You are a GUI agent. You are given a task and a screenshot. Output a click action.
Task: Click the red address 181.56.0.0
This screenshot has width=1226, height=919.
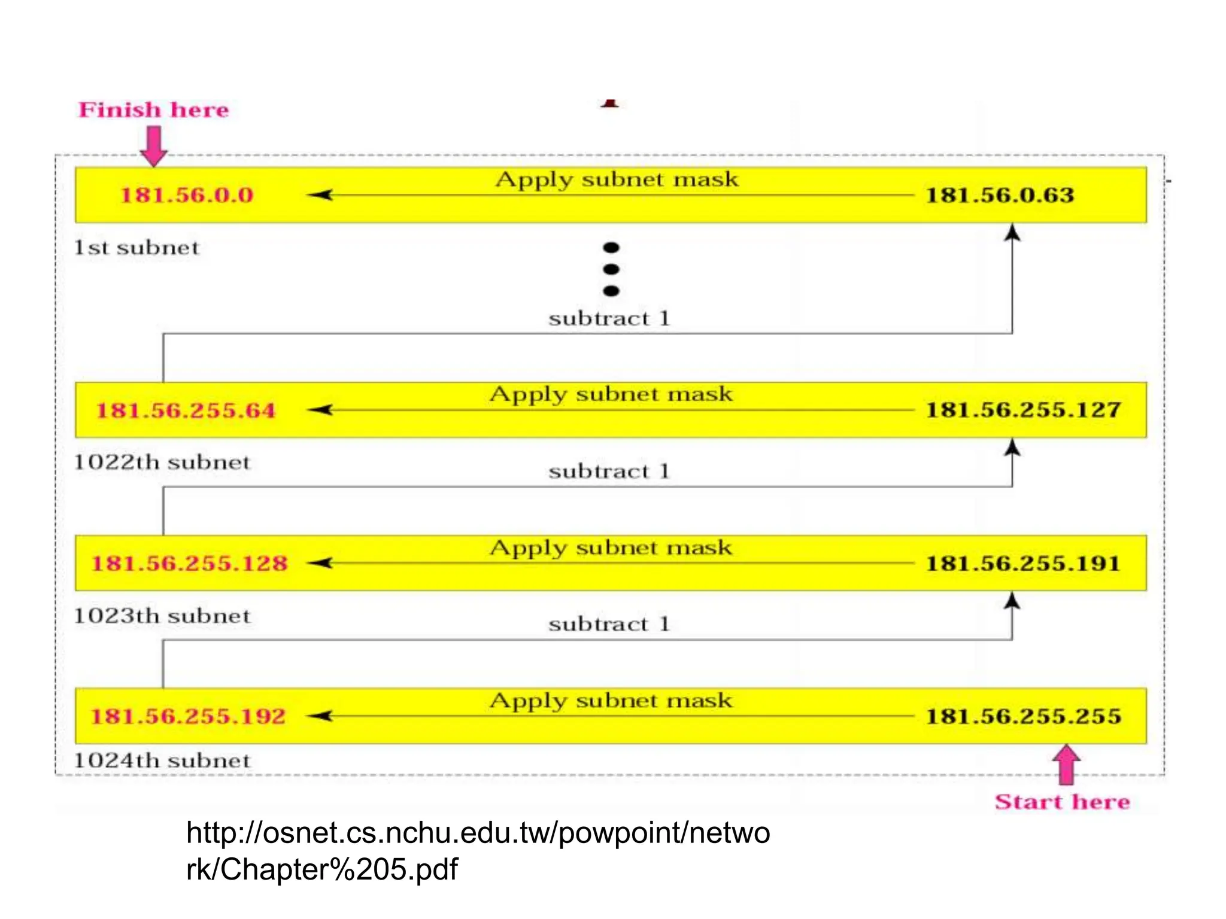pos(187,195)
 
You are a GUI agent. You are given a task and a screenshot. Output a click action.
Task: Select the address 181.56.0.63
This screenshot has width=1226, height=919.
pos(1000,195)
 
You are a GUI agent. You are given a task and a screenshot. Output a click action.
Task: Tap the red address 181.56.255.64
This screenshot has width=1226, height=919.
pos(186,410)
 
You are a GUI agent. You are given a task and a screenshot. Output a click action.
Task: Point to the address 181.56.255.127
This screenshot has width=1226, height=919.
pos(1023,410)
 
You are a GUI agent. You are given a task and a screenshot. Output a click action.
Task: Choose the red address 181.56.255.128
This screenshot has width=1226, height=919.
pos(189,563)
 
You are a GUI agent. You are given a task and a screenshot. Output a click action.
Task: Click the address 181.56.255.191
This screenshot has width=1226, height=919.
pos(1023,563)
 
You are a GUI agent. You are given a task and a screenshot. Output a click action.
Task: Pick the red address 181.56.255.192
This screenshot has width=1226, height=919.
pos(188,716)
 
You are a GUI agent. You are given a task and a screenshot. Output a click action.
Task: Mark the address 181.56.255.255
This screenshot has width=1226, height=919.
pos(1023,716)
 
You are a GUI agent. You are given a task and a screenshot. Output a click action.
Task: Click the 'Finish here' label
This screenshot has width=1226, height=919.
pos(154,110)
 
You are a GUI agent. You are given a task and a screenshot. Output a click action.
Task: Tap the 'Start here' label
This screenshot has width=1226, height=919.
pos(1062,802)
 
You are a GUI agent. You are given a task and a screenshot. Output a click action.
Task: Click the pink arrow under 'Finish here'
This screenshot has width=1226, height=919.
pos(154,145)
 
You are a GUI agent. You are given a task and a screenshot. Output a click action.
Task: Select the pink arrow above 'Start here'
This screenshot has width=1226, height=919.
pos(1066,764)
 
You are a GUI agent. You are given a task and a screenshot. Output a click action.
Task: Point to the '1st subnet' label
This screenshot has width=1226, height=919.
pos(136,248)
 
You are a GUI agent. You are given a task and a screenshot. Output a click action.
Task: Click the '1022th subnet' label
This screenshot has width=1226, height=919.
pos(162,462)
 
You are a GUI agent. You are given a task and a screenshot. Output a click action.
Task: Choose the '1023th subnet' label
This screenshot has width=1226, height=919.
pos(162,616)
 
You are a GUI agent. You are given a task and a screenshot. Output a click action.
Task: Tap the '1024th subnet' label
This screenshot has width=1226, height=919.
pos(162,760)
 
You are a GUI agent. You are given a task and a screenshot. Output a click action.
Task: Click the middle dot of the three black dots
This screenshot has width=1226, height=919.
pos(611,269)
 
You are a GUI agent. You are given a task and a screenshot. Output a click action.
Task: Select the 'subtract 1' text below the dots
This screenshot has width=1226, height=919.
pos(609,318)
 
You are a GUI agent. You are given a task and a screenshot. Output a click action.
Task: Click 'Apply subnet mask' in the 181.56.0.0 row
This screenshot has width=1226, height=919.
pos(617,179)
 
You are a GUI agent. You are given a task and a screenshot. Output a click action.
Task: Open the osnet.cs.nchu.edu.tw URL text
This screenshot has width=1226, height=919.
pos(478,851)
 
